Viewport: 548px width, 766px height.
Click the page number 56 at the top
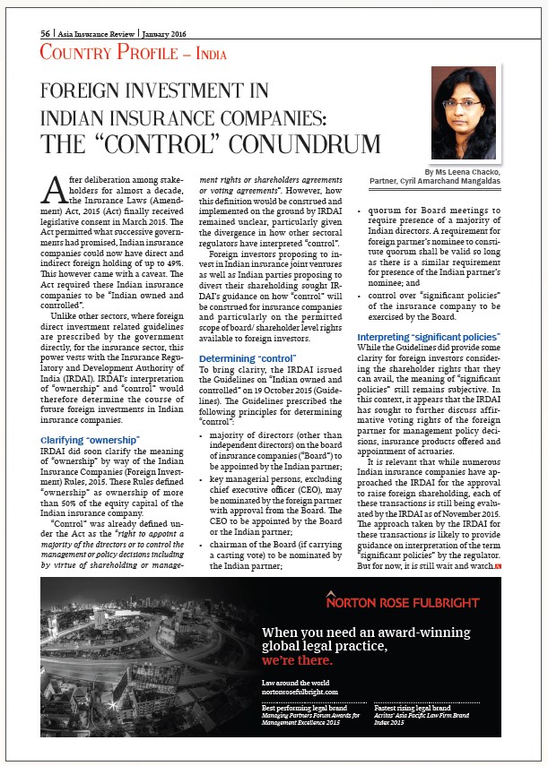(x=45, y=32)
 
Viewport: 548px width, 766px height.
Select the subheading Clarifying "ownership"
(x=90, y=439)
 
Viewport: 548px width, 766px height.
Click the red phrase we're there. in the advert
(x=297, y=661)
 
